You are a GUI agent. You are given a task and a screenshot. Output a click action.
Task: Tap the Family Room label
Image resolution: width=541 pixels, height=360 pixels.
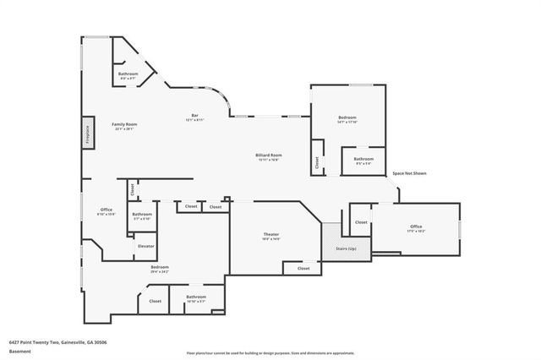point(124,126)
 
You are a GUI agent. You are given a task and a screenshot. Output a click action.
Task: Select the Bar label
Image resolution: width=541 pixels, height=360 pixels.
point(194,117)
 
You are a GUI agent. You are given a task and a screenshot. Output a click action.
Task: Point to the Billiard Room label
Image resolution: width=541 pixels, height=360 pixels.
point(269,156)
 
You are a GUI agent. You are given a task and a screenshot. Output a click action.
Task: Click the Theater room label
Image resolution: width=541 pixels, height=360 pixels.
point(270,236)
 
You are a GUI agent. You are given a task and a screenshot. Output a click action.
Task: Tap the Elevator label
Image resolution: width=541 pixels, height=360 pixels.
point(145,246)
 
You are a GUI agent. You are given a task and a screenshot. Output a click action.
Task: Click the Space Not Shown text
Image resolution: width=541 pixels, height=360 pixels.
point(409,173)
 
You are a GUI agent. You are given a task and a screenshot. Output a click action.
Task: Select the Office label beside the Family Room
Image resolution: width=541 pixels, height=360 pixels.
point(107,210)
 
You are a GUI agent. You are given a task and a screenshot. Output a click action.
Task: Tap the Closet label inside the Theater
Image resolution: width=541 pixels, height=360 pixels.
point(302,269)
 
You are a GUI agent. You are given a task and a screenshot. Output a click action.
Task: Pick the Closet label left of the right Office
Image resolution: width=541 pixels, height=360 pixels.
point(361,222)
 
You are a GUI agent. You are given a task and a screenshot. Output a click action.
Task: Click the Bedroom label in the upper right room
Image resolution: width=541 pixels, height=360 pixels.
point(347,118)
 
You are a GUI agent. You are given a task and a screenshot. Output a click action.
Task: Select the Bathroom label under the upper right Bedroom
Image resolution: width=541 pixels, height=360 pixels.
point(363,160)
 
